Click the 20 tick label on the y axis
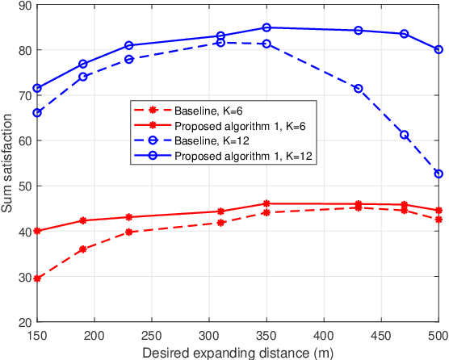23,322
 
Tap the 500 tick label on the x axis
439,333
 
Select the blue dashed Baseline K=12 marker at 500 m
439,174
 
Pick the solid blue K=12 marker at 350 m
267,27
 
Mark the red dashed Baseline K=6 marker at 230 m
129,232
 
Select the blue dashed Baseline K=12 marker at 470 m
404,135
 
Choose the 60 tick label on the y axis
23,140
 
